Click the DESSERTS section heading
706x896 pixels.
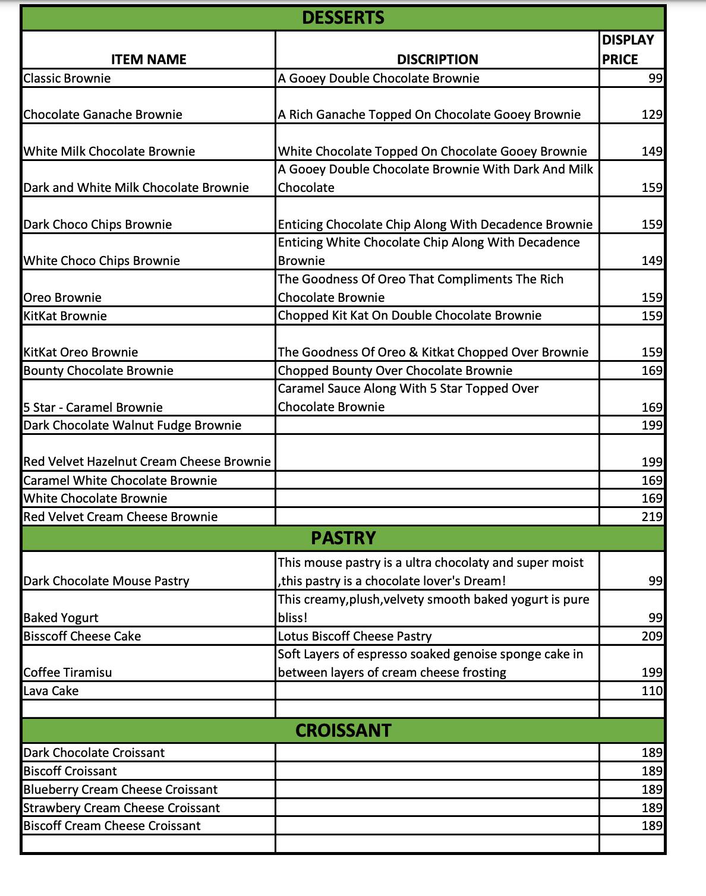point(343,18)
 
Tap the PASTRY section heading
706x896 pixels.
point(343,538)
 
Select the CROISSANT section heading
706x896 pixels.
point(343,730)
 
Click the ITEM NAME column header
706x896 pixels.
point(149,59)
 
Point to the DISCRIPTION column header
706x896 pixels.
point(437,59)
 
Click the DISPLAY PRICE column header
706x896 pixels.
point(628,50)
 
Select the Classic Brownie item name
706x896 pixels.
point(67,78)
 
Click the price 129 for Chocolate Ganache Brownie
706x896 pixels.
point(652,115)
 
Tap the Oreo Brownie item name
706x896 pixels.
point(62,298)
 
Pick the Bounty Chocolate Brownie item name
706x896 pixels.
point(99,371)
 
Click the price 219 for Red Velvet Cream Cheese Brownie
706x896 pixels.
point(652,517)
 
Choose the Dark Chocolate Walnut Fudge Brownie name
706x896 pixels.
point(133,425)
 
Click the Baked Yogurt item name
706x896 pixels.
point(61,618)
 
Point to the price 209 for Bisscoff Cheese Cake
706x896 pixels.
point(652,636)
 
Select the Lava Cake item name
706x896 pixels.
point(51,691)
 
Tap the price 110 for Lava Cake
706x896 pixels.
point(652,691)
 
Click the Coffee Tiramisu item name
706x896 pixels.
point(68,673)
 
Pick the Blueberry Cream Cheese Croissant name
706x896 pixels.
point(121,790)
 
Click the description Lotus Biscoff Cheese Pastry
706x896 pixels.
point(355,636)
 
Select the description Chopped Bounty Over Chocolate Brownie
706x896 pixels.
point(395,371)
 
